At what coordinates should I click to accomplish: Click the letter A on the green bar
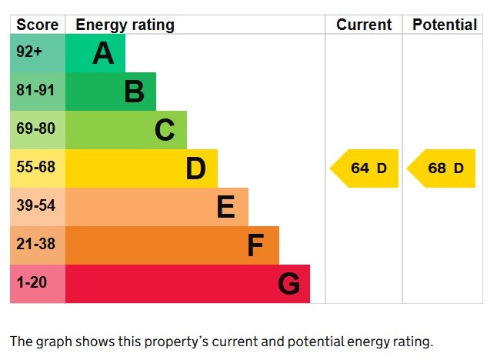coord(103,54)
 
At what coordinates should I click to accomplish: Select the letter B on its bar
coord(134,92)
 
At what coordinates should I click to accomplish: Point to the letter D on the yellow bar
coord(195,168)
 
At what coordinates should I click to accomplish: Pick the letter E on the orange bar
coord(225,207)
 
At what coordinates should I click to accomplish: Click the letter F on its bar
coord(255,245)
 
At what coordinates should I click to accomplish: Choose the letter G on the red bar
coord(288,284)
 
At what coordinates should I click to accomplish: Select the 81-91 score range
coord(36,91)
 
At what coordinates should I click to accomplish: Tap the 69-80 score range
coord(36,129)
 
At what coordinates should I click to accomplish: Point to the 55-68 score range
coord(36,167)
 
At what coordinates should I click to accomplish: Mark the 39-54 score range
coord(36,206)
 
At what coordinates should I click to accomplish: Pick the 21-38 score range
coord(36,245)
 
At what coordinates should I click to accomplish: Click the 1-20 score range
coord(32,283)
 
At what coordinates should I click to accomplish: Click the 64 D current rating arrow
coord(365,168)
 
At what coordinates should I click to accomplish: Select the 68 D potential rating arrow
coord(442,168)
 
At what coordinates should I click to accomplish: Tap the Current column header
coord(364,25)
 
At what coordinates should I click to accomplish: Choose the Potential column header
coord(445,25)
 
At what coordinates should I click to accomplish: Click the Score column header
coord(37,25)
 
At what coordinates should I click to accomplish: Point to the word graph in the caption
coord(53,342)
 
